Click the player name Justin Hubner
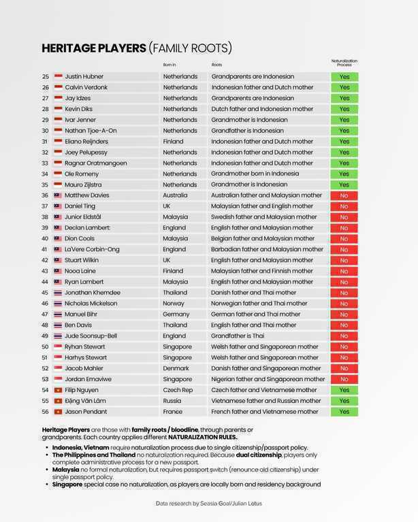[x=84, y=76]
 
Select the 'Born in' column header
[x=170, y=65]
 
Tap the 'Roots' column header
[x=216, y=65]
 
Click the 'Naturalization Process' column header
[x=344, y=63]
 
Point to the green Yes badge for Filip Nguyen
[x=344, y=390]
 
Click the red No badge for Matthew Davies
[x=344, y=195]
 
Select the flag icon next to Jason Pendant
[x=58, y=412]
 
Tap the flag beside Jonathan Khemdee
[x=58, y=293]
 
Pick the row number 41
[x=45, y=249]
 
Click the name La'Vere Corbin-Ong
[x=92, y=249]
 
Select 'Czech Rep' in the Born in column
[x=177, y=390]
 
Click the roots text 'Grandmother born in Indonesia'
[x=255, y=174]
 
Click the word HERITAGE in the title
[x=69, y=48]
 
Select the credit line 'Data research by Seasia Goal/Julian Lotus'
[x=208, y=504]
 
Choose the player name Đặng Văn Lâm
[x=85, y=401]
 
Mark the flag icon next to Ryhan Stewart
[x=58, y=346]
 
